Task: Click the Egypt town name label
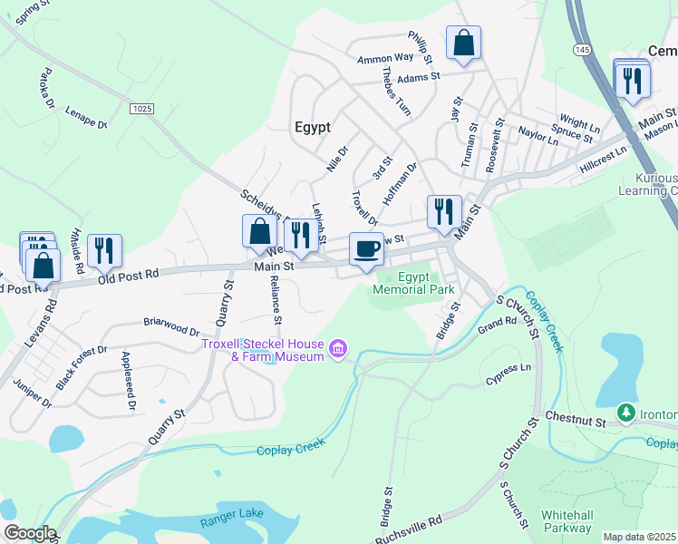coord(313,127)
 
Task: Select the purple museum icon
coord(339,348)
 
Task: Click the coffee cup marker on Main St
coord(366,249)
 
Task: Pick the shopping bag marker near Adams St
coord(463,43)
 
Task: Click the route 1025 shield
coord(141,109)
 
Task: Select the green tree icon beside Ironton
coord(625,413)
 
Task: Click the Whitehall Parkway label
coord(567,520)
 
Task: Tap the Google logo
coord(29,533)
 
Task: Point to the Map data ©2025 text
coord(639,537)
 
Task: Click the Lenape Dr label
coord(86,117)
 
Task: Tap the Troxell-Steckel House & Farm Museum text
coord(263,350)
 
